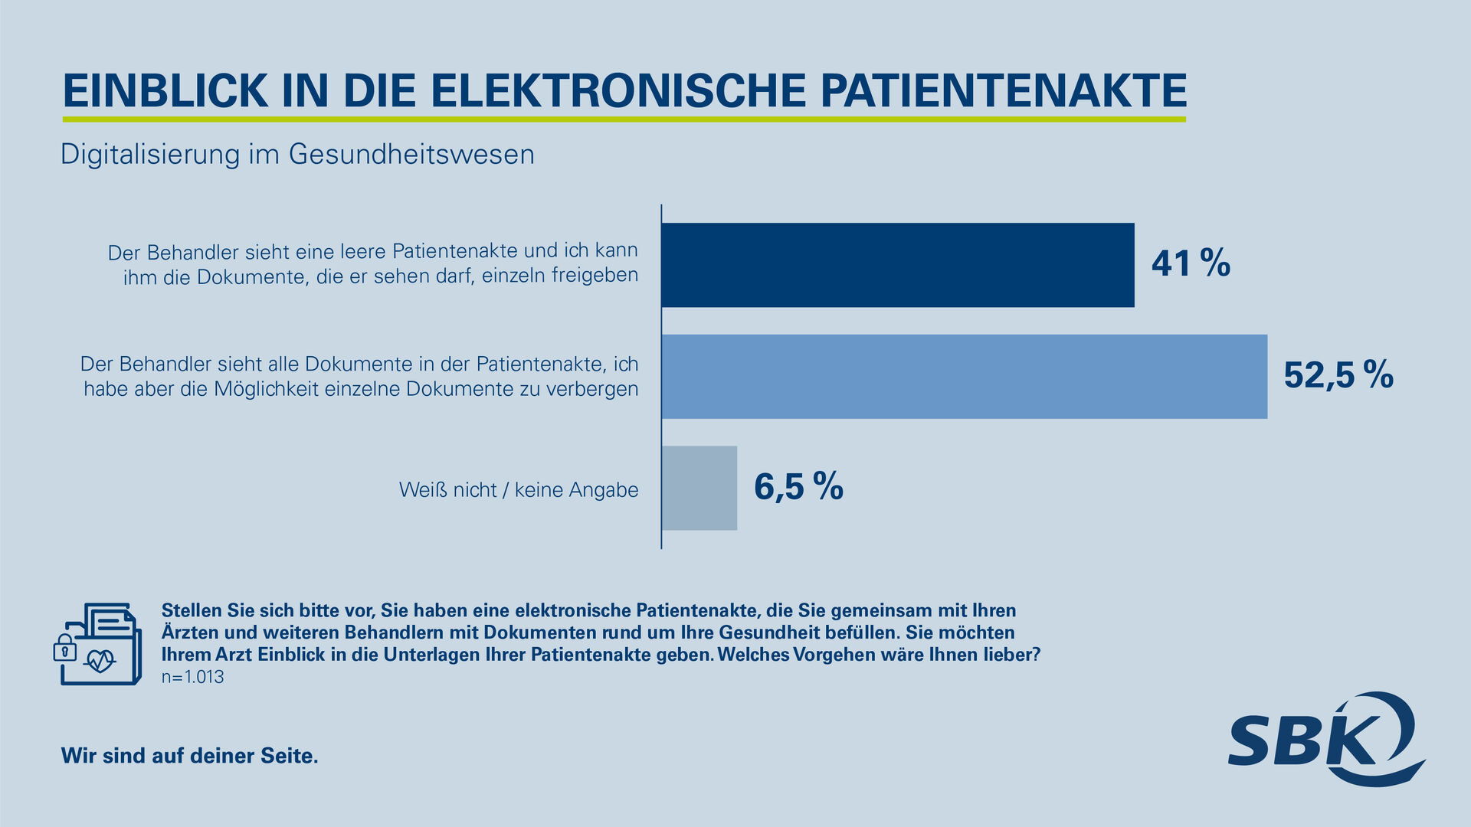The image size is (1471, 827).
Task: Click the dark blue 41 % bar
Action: [x=897, y=265]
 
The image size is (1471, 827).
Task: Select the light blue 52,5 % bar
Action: [x=964, y=376]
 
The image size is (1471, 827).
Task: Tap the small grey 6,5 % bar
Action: [x=699, y=488]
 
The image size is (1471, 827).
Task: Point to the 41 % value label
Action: [x=1191, y=264]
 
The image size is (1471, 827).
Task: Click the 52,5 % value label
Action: [x=1338, y=375]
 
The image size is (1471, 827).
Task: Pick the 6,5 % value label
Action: [x=798, y=487]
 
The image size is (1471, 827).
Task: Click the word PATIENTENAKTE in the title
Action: [x=1004, y=90]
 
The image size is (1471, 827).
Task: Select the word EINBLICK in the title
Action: [x=165, y=90]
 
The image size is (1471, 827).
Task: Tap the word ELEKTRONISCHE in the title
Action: [x=618, y=90]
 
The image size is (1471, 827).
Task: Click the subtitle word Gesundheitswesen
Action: [x=411, y=155]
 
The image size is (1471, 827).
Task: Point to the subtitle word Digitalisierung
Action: [x=150, y=155]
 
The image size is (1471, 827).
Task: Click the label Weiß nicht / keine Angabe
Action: [x=519, y=490]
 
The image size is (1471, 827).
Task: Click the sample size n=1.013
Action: [x=192, y=677]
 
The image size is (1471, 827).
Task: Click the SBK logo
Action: [x=1325, y=739]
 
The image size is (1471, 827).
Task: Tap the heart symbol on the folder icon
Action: [x=100, y=660]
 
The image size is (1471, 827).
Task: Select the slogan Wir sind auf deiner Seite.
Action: [x=189, y=756]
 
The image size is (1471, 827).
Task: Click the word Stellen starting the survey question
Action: [x=192, y=611]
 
